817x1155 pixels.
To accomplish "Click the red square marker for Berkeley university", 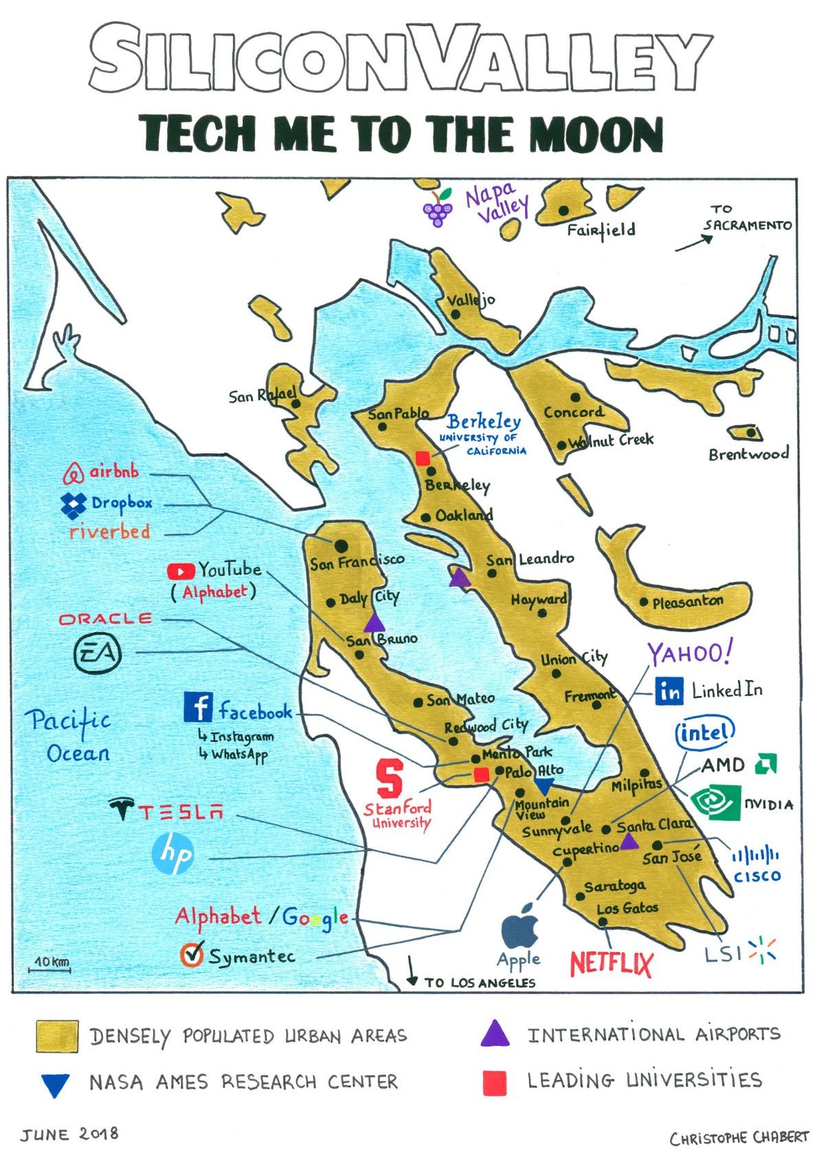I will pyautogui.click(x=423, y=457).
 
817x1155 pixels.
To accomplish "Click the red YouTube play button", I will pyautogui.click(x=181, y=571).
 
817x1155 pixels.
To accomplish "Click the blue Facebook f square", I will pyautogui.click(x=197, y=707).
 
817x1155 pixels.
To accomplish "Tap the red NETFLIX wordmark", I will pyautogui.click(x=611, y=963).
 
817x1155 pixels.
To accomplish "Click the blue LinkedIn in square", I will pyautogui.click(x=669, y=692).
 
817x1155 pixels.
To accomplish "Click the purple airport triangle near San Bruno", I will pyautogui.click(x=374, y=623).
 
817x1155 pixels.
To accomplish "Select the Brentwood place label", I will pyautogui.click(x=748, y=454).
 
